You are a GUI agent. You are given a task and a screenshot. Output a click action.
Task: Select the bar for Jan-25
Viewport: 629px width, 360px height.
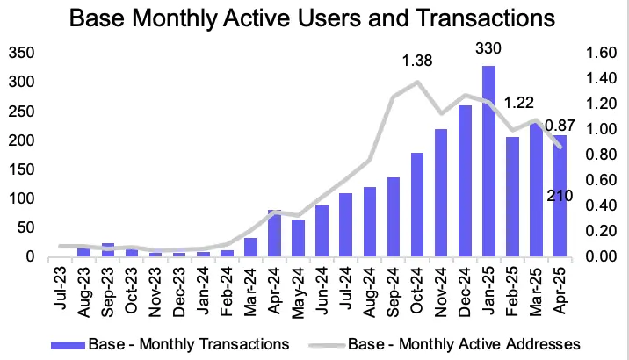(488, 162)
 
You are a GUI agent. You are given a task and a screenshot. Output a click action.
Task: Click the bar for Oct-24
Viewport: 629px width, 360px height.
(417, 205)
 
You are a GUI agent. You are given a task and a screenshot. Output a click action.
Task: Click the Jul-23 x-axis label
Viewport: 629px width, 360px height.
(61, 284)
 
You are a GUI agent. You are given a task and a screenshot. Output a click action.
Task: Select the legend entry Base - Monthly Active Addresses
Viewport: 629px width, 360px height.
(467, 342)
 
